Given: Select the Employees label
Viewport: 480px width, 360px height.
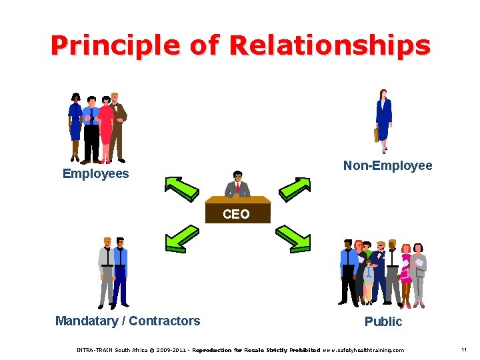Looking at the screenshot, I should point(95,174).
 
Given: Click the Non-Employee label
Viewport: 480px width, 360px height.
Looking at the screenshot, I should point(387,165).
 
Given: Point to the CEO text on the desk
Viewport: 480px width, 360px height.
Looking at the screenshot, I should point(236,214).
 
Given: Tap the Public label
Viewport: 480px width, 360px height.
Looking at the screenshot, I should point(383,321).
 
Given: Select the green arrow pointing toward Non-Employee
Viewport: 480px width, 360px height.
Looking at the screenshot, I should point(294,188).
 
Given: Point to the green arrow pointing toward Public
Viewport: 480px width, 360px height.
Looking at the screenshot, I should point(294,238).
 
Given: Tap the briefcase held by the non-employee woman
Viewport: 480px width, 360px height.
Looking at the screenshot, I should point(376,135).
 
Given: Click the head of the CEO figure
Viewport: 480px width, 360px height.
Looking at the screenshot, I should point(237,177).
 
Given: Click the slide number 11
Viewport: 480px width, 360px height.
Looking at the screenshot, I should point(463,349).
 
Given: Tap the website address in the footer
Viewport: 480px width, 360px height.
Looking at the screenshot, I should point(363,350).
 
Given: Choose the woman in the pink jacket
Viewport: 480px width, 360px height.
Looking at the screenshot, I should point(405,270).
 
